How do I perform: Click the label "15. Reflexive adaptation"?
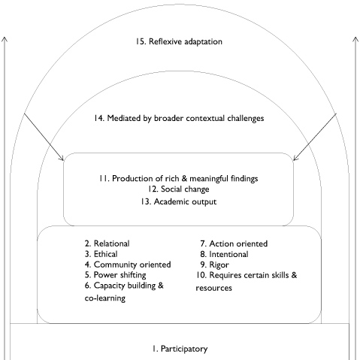[179, 41]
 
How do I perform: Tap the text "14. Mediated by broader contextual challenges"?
[179, 118]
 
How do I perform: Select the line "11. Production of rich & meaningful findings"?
[179, 179]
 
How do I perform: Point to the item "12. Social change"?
[178, 189]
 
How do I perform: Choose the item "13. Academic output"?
[178, 201]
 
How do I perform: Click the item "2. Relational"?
[107, 244]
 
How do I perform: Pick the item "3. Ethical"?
[101, 254]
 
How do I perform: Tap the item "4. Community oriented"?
[128, 265]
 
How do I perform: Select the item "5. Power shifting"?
[116, 275]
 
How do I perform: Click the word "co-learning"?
[105, 298]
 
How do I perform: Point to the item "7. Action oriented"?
[234, 244]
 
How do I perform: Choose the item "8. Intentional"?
[224, 254]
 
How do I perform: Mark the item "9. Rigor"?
[215, 265]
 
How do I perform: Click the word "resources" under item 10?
[214, 288]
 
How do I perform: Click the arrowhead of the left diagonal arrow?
[62, 159]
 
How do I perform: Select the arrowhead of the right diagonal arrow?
[295, 159]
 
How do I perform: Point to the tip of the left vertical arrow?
[5, 37]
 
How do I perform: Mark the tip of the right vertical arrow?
[355, 37]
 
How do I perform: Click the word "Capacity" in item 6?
[109, 286]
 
